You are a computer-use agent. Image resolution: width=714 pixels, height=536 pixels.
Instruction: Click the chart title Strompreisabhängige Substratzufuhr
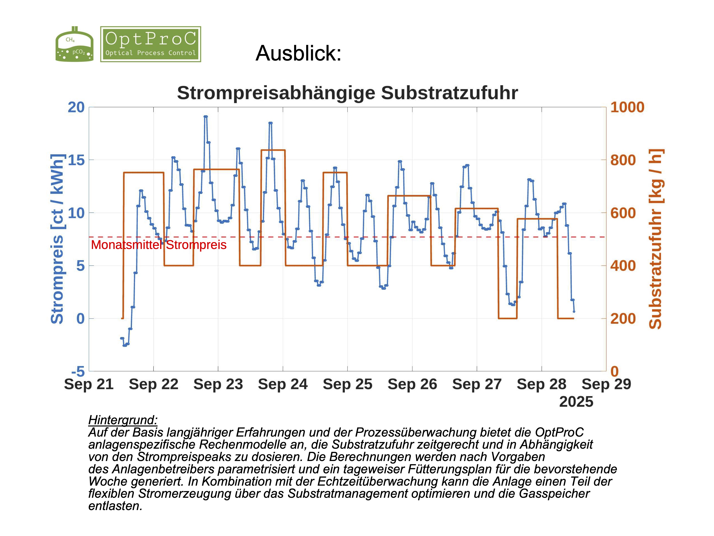click(347, 93)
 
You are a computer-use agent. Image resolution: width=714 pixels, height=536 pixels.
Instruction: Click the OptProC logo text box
click(150, 44)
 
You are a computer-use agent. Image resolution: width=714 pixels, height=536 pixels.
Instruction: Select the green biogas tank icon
click(74, 45)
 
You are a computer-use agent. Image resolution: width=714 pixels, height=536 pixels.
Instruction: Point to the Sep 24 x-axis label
click(283, 384)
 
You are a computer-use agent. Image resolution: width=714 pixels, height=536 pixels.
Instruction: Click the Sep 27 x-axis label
click(477, 384)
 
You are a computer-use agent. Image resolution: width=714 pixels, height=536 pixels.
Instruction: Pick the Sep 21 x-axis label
click(89, 384)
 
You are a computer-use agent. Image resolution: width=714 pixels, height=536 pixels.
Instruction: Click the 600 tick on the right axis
click(623, 213)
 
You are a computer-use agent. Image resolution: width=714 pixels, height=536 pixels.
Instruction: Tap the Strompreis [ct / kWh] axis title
click(57, 239)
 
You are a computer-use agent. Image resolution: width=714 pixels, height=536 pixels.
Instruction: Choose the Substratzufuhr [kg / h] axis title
click(655, 239)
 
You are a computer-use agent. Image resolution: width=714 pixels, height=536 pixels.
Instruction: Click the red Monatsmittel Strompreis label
click(159, 245)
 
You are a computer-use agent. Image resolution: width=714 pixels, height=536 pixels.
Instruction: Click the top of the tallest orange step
click(273, 150)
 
